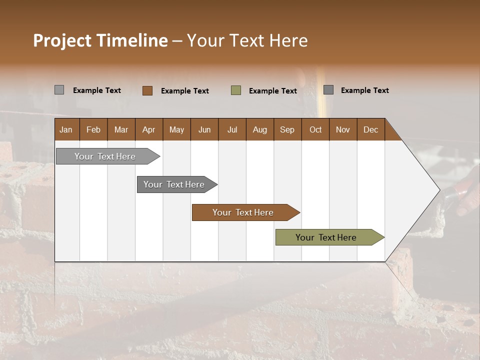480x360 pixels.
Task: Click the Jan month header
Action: [66, 129]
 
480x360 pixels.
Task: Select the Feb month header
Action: [93, 129]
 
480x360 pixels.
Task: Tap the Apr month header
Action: [148, 129]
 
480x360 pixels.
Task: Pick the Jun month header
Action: [204, 129]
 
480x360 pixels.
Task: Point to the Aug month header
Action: [259, 129]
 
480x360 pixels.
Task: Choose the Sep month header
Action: [287, 129]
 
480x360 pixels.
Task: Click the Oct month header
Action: [315, 129]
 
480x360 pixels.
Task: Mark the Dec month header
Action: [370, 129]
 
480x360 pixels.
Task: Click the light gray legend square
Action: [59, 90]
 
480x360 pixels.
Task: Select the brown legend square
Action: [147, 90]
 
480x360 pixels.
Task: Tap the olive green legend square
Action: [236, 90]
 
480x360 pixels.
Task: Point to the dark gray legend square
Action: [328, 89]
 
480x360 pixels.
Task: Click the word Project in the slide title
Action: [62, 40]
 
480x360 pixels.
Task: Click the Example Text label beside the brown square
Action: [184, 91]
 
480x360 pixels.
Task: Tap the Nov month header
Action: [342, 129]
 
